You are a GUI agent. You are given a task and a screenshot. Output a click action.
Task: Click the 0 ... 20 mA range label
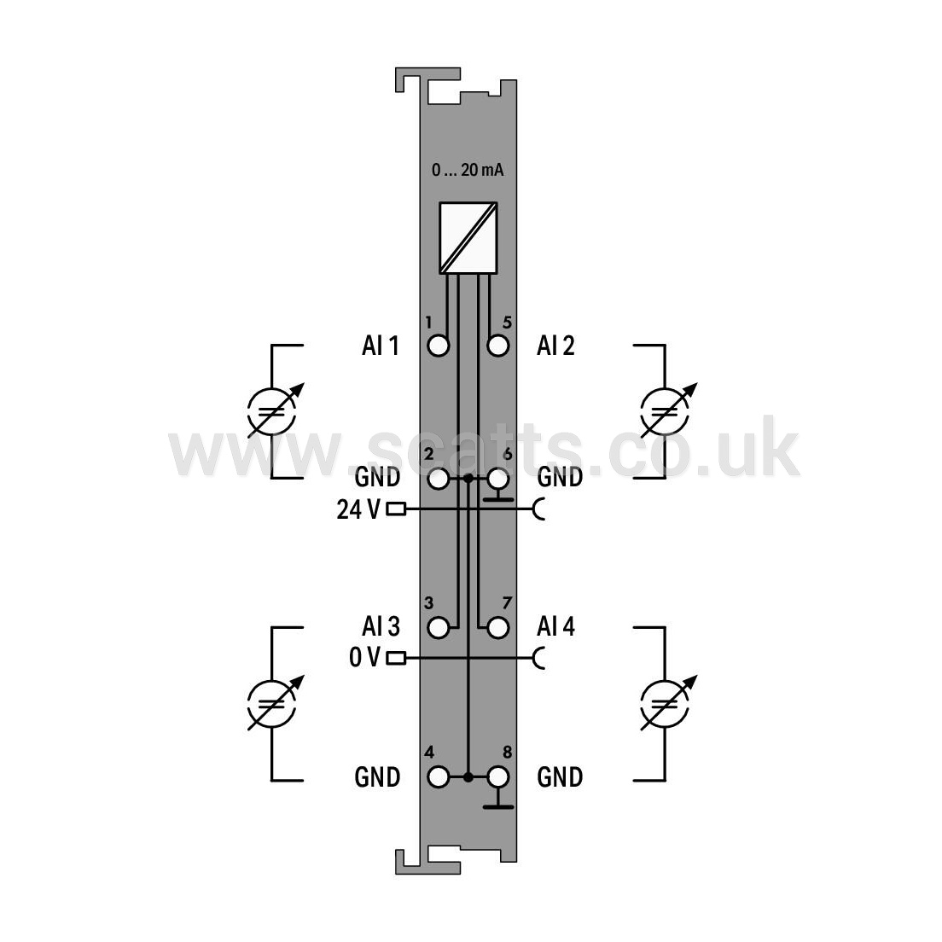click(468, 170)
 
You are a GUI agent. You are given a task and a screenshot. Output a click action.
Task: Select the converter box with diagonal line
click(468, 238)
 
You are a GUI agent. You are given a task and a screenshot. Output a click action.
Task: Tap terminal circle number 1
click(439, 346)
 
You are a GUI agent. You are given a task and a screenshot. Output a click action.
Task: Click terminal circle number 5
click(498, 346)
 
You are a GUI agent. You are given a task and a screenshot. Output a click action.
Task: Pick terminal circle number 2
click(439, 479)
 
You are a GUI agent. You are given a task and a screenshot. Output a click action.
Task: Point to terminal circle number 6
click(498, 479)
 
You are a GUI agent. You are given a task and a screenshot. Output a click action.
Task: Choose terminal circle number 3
click(439, 628)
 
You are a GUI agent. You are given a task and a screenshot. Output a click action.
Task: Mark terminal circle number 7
click(498, 628)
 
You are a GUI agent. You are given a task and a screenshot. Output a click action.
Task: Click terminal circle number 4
click(439, 777)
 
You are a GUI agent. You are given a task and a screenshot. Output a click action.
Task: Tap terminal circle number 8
click(498, 777)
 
